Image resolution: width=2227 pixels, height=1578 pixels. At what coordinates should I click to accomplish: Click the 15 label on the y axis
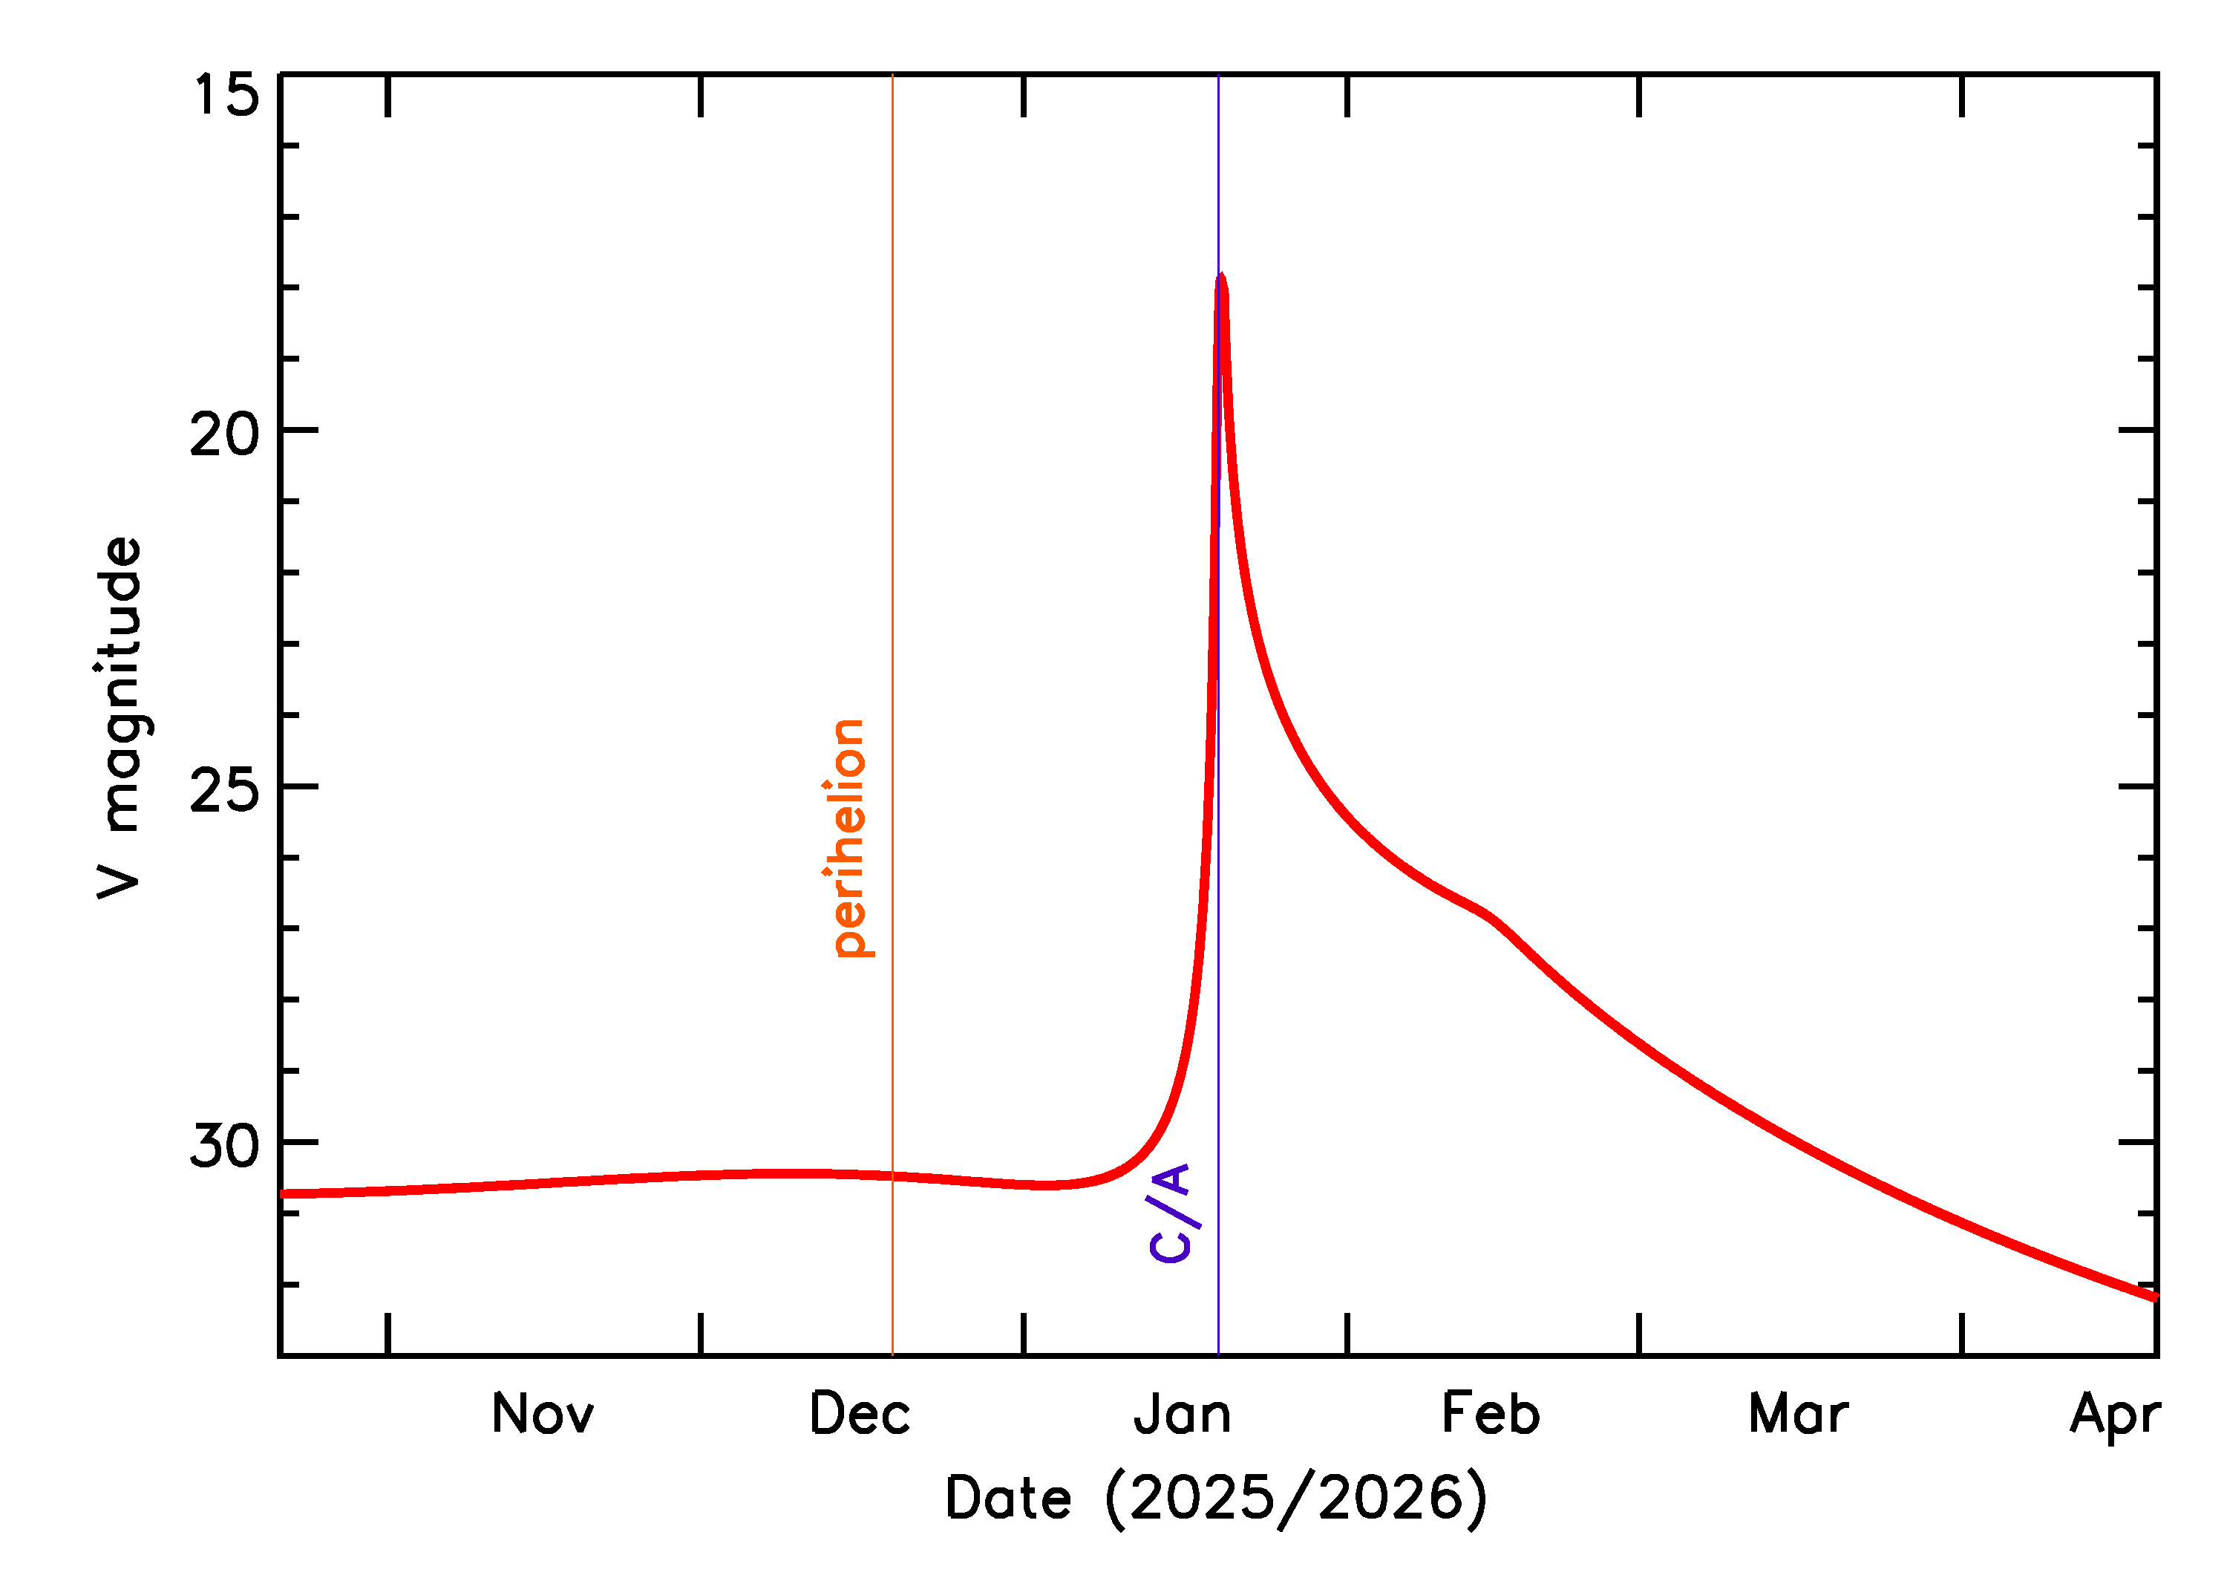pyautogui.click(x=226, y=95)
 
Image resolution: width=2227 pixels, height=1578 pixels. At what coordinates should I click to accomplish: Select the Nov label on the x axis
pyautogui.click(x=542, y=1414)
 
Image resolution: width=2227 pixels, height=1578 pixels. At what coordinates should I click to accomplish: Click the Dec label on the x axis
pyautogui.click(x=860, y=1414)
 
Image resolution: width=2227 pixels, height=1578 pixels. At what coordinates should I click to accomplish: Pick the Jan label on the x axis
pyautogui.click(x=1182, y=1414)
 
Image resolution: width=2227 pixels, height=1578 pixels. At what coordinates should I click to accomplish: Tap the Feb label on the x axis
pyautogui.click(x=1490, y=1414)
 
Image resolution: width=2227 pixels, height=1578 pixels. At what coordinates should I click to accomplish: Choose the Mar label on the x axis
pyautogui.click(x=1798, y=1414)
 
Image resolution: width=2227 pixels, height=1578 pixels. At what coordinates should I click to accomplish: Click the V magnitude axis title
pyautogui.click(x=120, y=717)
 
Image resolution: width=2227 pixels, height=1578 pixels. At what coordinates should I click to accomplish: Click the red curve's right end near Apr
pyautogui.click(x=2154, y=1297)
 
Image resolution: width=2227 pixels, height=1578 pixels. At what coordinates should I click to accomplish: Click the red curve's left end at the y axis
pyautogui.click(x=284, y=1193)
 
